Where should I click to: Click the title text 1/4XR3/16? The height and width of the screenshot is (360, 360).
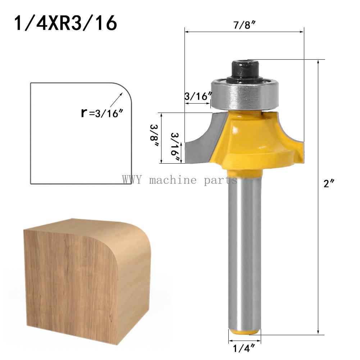[65, 23]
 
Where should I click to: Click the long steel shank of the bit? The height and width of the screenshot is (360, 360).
[244, 252]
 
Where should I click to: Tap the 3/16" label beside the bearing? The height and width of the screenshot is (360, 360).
[197, 96]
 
